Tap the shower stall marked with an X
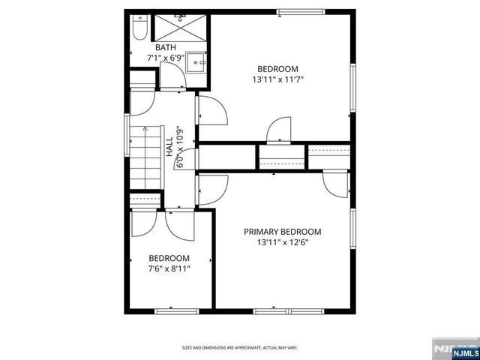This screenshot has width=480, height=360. click(180, 27)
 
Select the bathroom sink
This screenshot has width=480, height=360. click(196, 62)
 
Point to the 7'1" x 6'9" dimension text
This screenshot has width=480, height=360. click(166, 57)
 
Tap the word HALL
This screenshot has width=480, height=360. click(169, 142)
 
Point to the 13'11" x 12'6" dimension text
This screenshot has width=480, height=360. click(283, 242)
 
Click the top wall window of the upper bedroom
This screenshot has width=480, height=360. click(300, 11)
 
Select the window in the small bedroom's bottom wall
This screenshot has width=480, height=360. click(176, 310)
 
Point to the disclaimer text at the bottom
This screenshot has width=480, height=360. click(239, 347)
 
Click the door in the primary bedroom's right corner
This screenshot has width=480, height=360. click(335, 184)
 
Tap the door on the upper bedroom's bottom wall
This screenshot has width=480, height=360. click(280, 129)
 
